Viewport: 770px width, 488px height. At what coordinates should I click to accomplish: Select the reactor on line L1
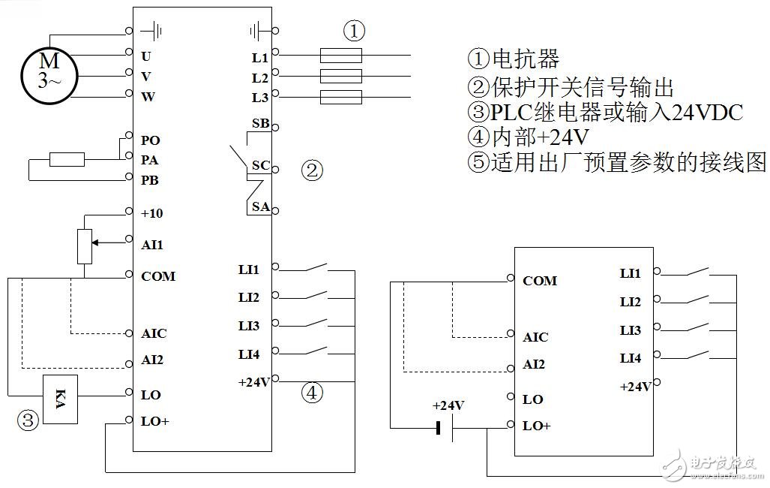click(341, 55)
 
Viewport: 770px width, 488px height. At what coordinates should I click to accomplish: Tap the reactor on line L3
click(341, 97)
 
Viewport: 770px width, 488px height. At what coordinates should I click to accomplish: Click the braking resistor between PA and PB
click(67, 159)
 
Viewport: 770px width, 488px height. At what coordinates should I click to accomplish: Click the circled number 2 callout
click(312, 170)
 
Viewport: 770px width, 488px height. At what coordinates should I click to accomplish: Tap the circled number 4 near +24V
click(312, 392)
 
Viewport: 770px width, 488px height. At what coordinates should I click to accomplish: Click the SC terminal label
click(260, 165)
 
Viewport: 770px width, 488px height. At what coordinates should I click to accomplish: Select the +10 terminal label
click(152, 213)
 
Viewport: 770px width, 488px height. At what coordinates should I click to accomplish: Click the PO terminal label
click(151, 140)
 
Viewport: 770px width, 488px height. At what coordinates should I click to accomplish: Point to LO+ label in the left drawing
click(155, 421)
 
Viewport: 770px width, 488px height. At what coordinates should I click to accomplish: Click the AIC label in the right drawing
click(535, 337)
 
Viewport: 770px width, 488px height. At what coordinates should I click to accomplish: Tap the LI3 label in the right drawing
click(631, 330)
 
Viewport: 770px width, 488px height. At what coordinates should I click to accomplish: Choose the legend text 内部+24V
click(528, 137)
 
